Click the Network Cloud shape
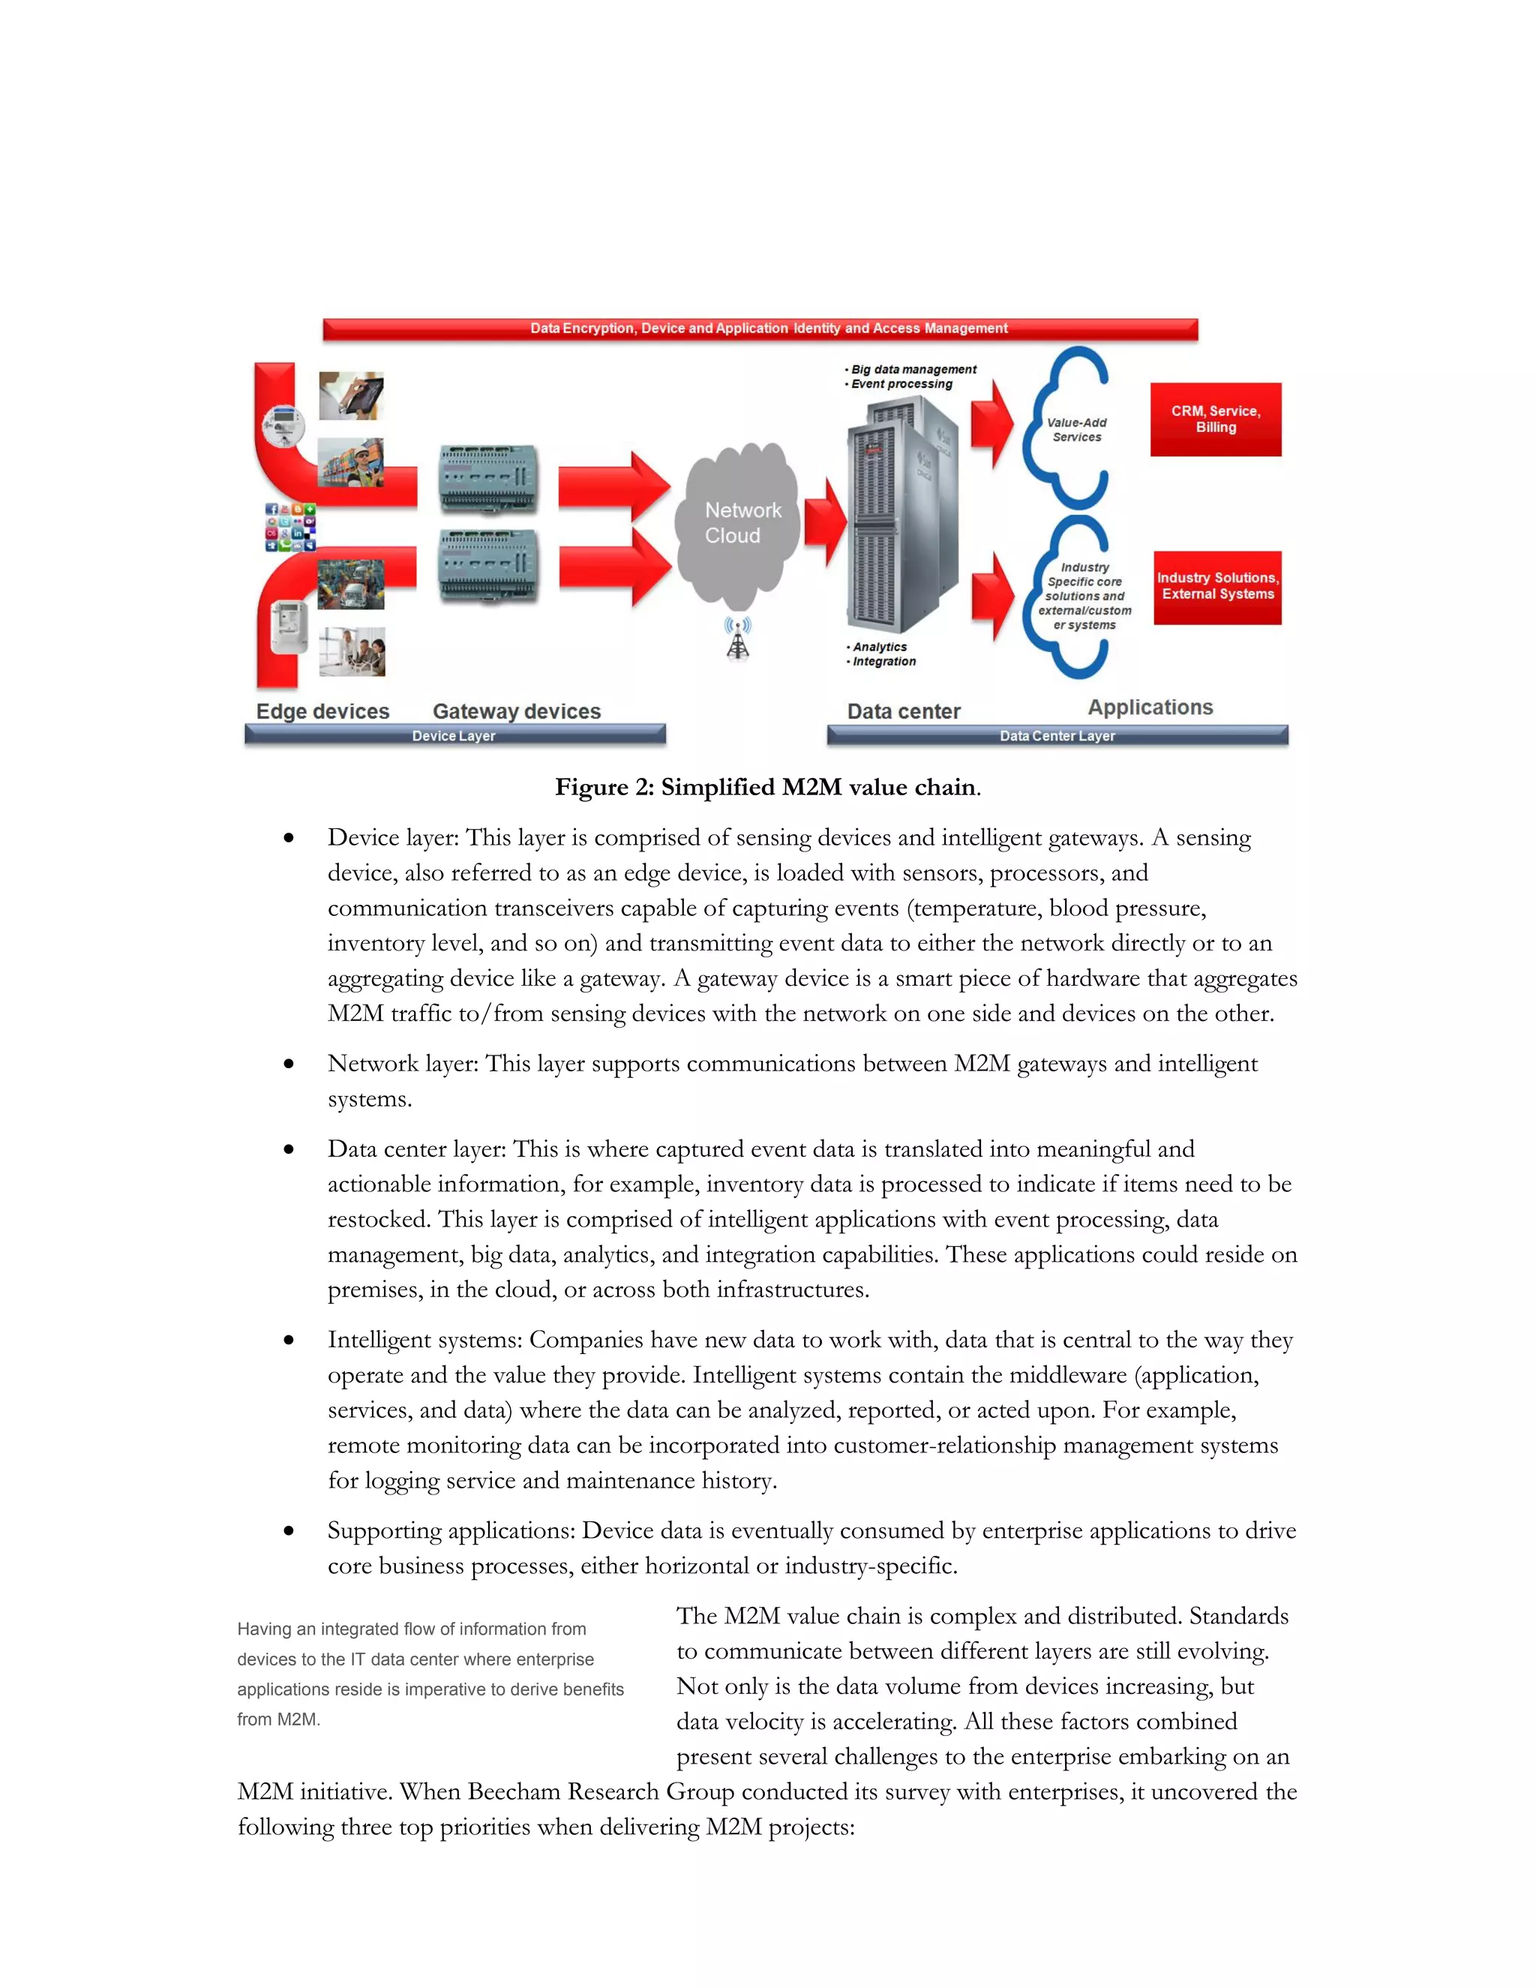click(739, 524)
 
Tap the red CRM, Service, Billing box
click(1215, 419)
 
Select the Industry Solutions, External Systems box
click(1216, 587)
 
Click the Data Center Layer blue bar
click(1057, 735)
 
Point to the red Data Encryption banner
click(760, 329)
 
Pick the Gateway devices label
click(516, 711)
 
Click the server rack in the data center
click(896, 519)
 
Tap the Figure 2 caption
click(767, 788)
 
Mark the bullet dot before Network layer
click(289, 1063)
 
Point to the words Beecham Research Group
click(601, 1791)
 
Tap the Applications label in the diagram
click(1150, 707)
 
